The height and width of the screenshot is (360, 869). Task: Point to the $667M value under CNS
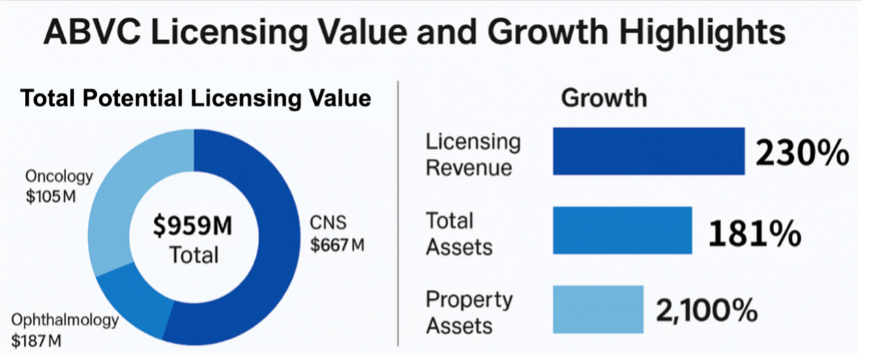(x=337, y=245)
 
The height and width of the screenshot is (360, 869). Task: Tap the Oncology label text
(x=59, y=177)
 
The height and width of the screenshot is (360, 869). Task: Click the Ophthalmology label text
(x=65, y=320)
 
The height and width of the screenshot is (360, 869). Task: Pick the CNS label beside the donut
(x=328, y=222)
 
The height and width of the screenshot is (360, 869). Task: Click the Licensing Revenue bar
(x=648, y=151)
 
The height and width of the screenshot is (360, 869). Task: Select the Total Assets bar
(x=622, y=230)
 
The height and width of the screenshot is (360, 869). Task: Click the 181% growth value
(x=754, y=234)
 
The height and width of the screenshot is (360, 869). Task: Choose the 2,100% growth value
(x=707, y=311)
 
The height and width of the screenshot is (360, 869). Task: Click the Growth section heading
(x=604, y=97)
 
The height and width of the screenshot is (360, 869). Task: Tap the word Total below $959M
(x=194, y=255)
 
